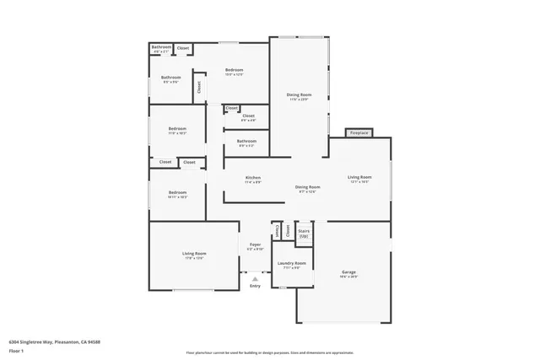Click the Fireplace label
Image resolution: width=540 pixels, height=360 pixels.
click(359, 133)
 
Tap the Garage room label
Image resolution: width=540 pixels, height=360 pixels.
click(348, 272)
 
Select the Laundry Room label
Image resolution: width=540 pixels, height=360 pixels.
click(292, 264)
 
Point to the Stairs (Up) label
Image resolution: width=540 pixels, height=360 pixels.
click(304, 232)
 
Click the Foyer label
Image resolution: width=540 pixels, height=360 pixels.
click(255, 244)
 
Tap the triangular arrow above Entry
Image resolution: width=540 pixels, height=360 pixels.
click(255, 277)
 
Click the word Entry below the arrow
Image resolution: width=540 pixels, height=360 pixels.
click(255, 286)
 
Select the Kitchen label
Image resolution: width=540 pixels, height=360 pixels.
click(253, 177)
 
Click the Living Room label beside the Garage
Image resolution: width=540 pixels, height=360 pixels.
click(359, 177)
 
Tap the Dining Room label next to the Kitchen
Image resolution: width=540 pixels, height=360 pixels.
click(307, 186)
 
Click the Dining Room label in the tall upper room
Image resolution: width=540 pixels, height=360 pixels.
click(299, 94)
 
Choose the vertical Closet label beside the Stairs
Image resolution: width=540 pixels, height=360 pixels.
click(288, 230)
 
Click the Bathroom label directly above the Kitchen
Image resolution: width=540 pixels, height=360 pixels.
click(246, 141)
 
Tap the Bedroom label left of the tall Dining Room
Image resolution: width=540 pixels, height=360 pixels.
click(234, 69)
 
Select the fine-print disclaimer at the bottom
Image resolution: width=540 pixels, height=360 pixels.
click(270, 352)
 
